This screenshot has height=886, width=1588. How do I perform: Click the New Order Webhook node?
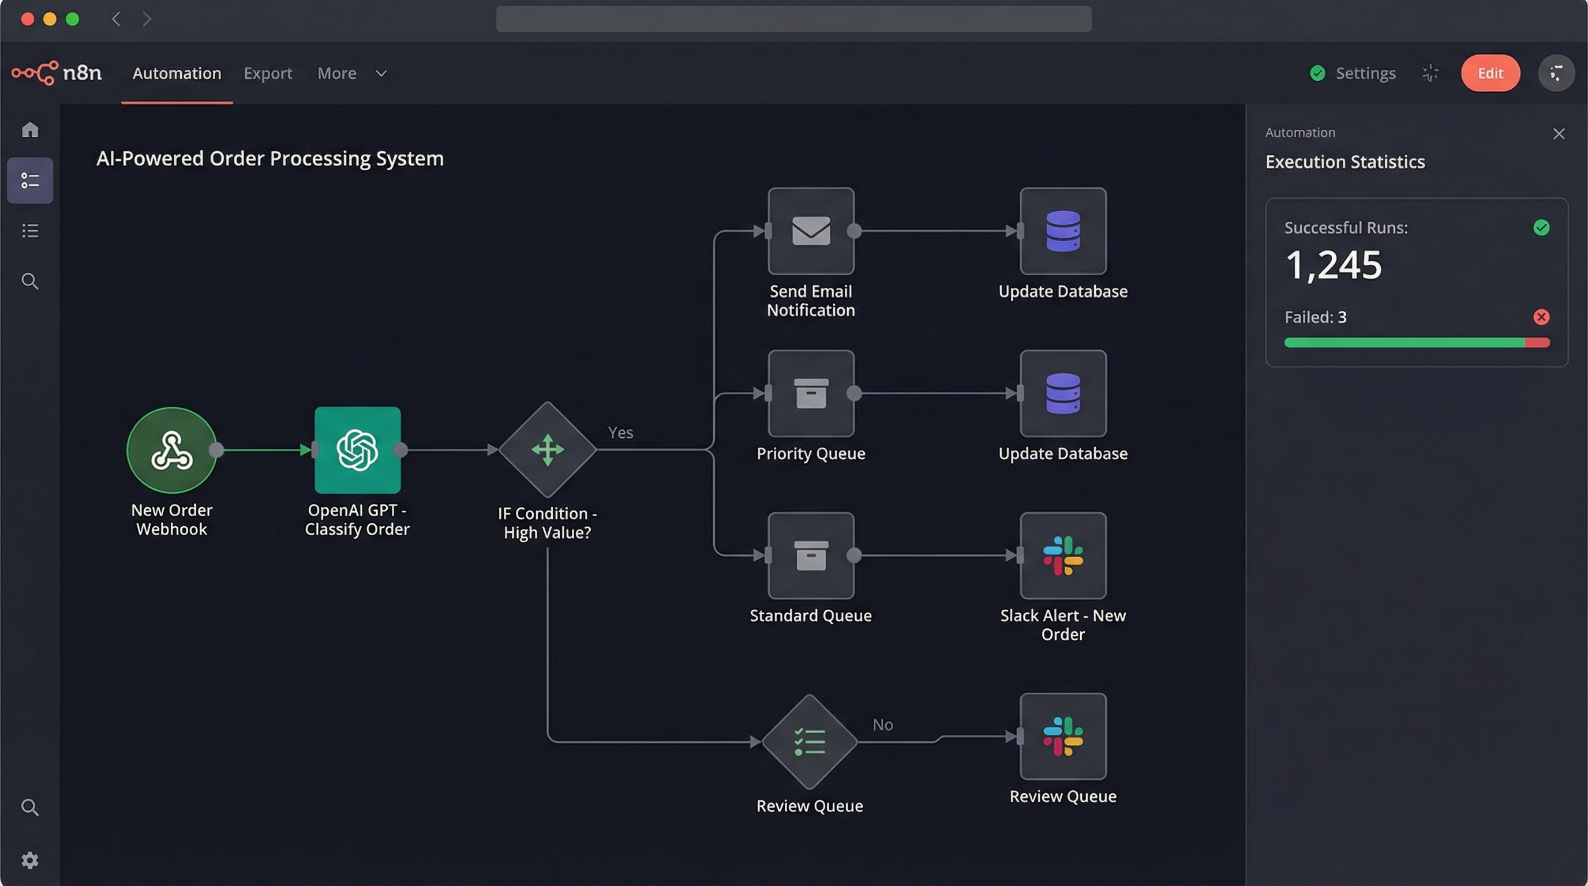pos(171,450)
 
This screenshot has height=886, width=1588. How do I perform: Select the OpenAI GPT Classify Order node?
pos(357,450)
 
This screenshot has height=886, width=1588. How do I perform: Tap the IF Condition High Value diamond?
pos(547,450)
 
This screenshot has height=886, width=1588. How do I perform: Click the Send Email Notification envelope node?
pos(811,231)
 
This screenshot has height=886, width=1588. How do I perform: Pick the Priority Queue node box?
pos(811,393)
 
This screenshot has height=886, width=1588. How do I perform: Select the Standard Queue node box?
pos(811,555)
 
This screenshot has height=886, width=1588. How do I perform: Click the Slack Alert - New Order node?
pos(1063,555)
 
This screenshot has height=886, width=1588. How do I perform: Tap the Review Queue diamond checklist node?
pos(810,742)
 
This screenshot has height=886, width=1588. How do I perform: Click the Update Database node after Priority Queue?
pos(1063,393)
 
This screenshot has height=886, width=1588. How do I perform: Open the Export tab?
pos(268,73)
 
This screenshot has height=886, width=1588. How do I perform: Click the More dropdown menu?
pos(351,73)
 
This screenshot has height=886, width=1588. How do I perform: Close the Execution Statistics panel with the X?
pos(1559,134)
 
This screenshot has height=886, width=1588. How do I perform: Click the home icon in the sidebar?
pos(29,130)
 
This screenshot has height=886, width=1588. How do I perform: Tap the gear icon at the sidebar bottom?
pos(29,859)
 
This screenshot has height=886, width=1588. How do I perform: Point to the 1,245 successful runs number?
pos(1333,265)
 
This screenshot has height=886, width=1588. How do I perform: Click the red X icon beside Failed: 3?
pos(1541,317)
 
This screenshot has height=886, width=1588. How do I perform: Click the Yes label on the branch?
pos(620,433)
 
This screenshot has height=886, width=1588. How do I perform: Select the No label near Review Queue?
pos(882,724)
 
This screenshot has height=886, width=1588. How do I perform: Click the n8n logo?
pos(57,73)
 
